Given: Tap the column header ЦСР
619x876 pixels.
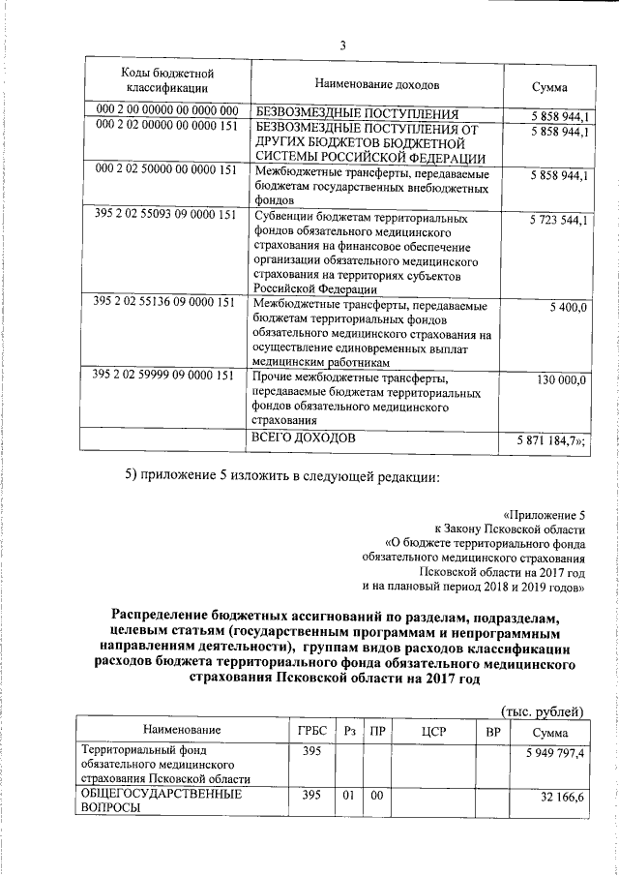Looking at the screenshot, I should [431, 730].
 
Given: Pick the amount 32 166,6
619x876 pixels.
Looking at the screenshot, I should [563, 796].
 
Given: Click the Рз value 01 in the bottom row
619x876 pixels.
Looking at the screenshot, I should [349, 796].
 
